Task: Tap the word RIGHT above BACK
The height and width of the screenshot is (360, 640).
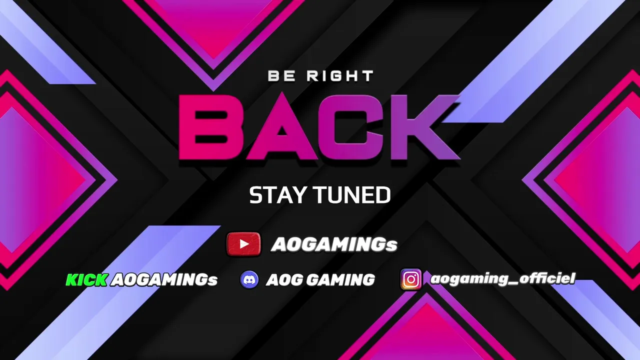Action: coord(339,76)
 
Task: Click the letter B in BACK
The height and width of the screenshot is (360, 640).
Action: coord(210,127)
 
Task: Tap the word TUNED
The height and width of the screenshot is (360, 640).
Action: coord(352,195)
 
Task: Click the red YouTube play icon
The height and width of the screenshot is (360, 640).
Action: coord(243,244)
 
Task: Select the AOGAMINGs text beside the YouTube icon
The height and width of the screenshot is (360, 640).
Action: coord(334,244)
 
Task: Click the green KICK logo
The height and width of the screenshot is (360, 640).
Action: coord(87,279)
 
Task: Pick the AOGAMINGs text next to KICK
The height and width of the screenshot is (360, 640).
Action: coord(164,280)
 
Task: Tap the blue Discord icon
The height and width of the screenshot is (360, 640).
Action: coord(249,279)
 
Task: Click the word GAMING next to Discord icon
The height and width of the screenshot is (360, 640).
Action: coord(340,279)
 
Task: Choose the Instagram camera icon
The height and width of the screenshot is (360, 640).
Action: coord(411,279)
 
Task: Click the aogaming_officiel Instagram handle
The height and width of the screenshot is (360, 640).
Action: coord(502,278)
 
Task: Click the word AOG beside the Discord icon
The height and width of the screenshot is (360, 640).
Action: coord(284,279)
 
